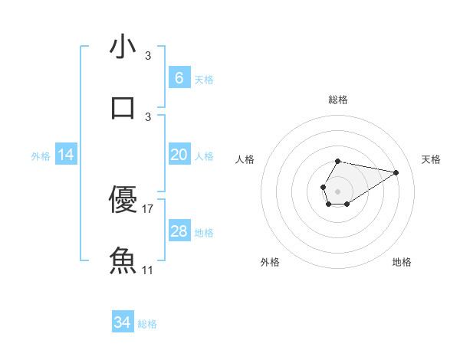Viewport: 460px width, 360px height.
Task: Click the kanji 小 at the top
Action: (123, 47)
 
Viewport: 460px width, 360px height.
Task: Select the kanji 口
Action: (123, 107)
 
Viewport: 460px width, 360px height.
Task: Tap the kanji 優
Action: (123, 200)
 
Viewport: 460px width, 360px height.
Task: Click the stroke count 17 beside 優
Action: (149, 208)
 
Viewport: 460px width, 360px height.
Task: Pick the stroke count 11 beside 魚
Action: (149, 270)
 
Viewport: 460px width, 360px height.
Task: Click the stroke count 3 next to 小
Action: (148, 56)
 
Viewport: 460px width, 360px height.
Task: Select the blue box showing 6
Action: (179, 78)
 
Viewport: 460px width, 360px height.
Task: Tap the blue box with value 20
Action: (179, 155)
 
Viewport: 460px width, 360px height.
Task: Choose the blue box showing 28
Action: (179, 231)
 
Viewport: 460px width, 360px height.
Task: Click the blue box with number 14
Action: (66, 155)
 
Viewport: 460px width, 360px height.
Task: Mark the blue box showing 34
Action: (123, 322)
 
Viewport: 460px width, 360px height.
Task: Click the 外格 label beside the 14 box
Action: (41, 156)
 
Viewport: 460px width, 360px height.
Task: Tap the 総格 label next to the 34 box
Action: (147, 324)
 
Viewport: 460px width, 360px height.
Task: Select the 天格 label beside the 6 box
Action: (204, 80)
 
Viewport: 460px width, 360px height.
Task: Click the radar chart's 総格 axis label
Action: (338, 100)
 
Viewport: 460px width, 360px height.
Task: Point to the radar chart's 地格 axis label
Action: (402, 262)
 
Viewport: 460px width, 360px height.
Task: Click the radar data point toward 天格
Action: (396, 172)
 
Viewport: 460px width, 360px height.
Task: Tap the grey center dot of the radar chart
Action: (337, 191)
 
